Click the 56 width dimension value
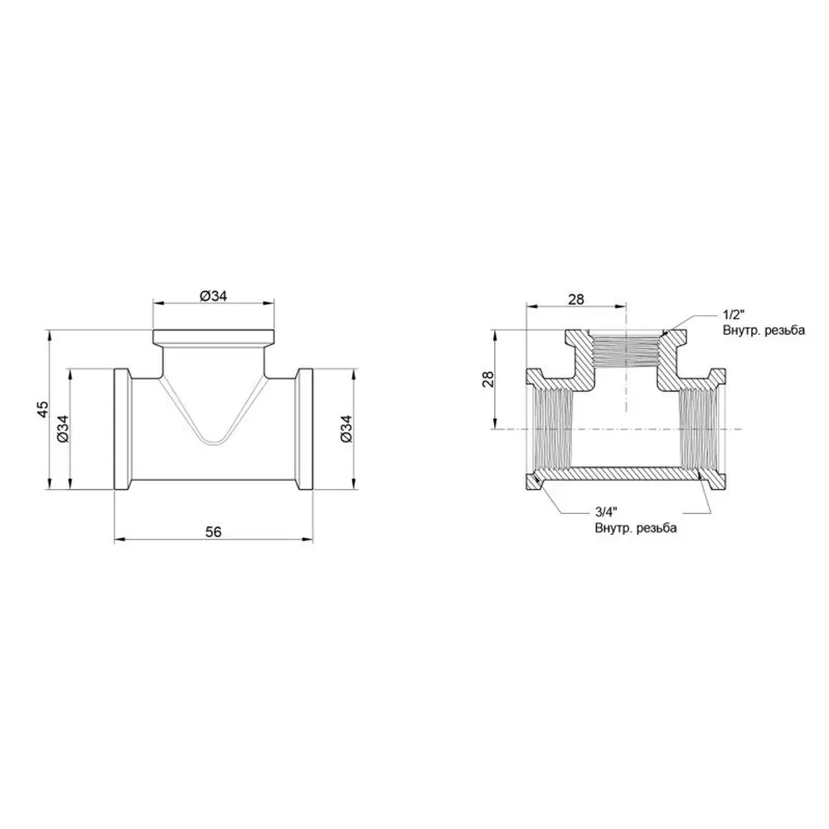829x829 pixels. [x=214, y=531]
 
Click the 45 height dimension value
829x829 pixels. [x=42, y=409]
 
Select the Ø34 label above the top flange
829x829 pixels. [x=213, y=296]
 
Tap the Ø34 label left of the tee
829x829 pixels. [x=62, y=429]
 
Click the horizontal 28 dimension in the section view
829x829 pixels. [x=576, y=299]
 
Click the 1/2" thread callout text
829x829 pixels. [x=734, y=315]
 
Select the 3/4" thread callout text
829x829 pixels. [x=606, y=511]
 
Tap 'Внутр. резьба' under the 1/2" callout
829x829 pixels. [x=764, y=331]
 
